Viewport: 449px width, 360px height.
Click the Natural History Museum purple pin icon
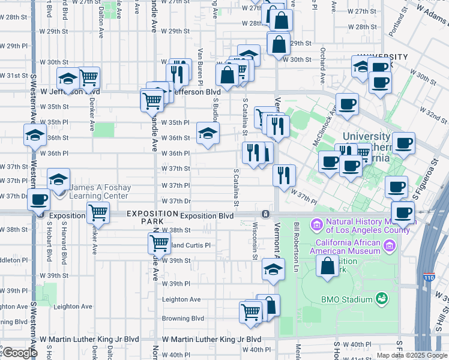[x=316, y=225]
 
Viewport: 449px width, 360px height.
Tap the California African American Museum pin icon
[x=390, y=245]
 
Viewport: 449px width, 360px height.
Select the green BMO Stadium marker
[x=381, y=298]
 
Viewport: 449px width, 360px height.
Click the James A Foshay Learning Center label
[x=99, y=192]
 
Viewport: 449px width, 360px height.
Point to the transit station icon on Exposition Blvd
[x=265, y=214]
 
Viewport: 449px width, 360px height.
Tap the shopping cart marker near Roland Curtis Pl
[x=158, y=243]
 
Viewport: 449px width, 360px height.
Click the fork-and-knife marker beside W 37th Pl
[x=284, y=175]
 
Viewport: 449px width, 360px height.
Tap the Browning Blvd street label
[x=182, y=319]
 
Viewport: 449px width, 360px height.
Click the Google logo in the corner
[x=19, y=353]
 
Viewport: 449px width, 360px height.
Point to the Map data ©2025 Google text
[x=411, y=355]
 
